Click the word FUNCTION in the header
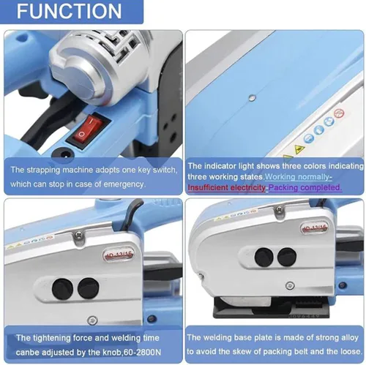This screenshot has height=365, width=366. coord(70,11)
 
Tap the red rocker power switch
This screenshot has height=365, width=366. coord(89,129)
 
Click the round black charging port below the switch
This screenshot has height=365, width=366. coord(64,154)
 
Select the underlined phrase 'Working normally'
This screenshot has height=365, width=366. coord(298,177)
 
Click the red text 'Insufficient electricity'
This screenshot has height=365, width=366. coord(226,187)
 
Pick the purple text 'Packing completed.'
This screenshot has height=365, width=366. coord(305,187)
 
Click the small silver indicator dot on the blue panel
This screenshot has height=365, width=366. coord(252,98)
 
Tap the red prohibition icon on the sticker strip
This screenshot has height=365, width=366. coord(339,113)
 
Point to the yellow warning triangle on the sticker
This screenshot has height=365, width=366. coord(299,148)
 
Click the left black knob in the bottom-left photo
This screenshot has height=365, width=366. coord(62,289)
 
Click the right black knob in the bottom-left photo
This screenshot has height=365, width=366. coord(89,288)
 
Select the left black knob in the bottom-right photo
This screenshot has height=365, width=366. coord(264,257)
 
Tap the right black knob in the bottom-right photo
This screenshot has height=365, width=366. coord(287,257)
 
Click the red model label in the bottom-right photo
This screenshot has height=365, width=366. coord(314,228)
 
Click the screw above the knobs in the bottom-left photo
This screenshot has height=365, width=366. coord(79,235)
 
